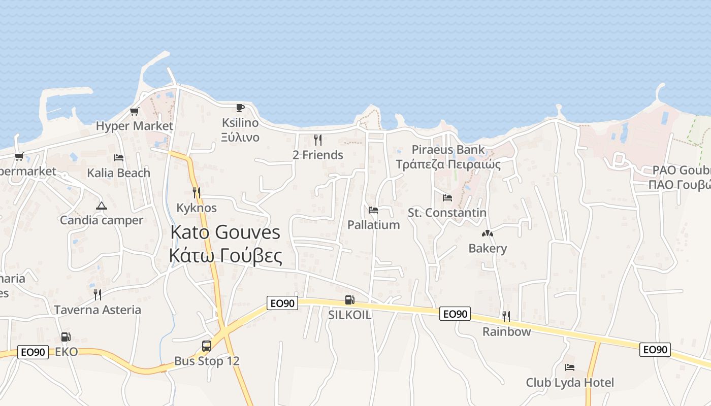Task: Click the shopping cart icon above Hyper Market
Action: [x=135, y=111]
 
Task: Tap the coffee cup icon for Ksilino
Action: [x=240, y=108]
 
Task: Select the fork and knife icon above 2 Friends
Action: [x=318, y=140]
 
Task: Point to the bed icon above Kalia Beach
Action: [x=119, y=158]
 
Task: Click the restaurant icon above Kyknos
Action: [x=197, y=193]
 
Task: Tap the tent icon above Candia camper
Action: [x=102, y=206]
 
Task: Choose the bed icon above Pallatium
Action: [x=373, y=210]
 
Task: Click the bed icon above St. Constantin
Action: [x=447, y=197]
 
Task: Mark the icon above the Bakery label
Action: [x=488, y=234]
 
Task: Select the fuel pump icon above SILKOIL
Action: [x=349, y=300]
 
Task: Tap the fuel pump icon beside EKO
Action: [x=66, y=336]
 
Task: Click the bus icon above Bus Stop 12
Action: [x=207, y=346]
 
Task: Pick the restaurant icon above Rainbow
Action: [x=506, y=317]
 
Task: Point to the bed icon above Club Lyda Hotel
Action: [x=570, y=367]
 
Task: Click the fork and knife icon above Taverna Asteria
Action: [x=98, y=294]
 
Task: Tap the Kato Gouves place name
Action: [x=225, y=232]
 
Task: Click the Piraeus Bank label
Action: [x=448, y=150]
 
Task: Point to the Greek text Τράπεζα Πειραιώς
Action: [x=448, y=164]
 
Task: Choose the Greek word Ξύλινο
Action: [x=240, y=138]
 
